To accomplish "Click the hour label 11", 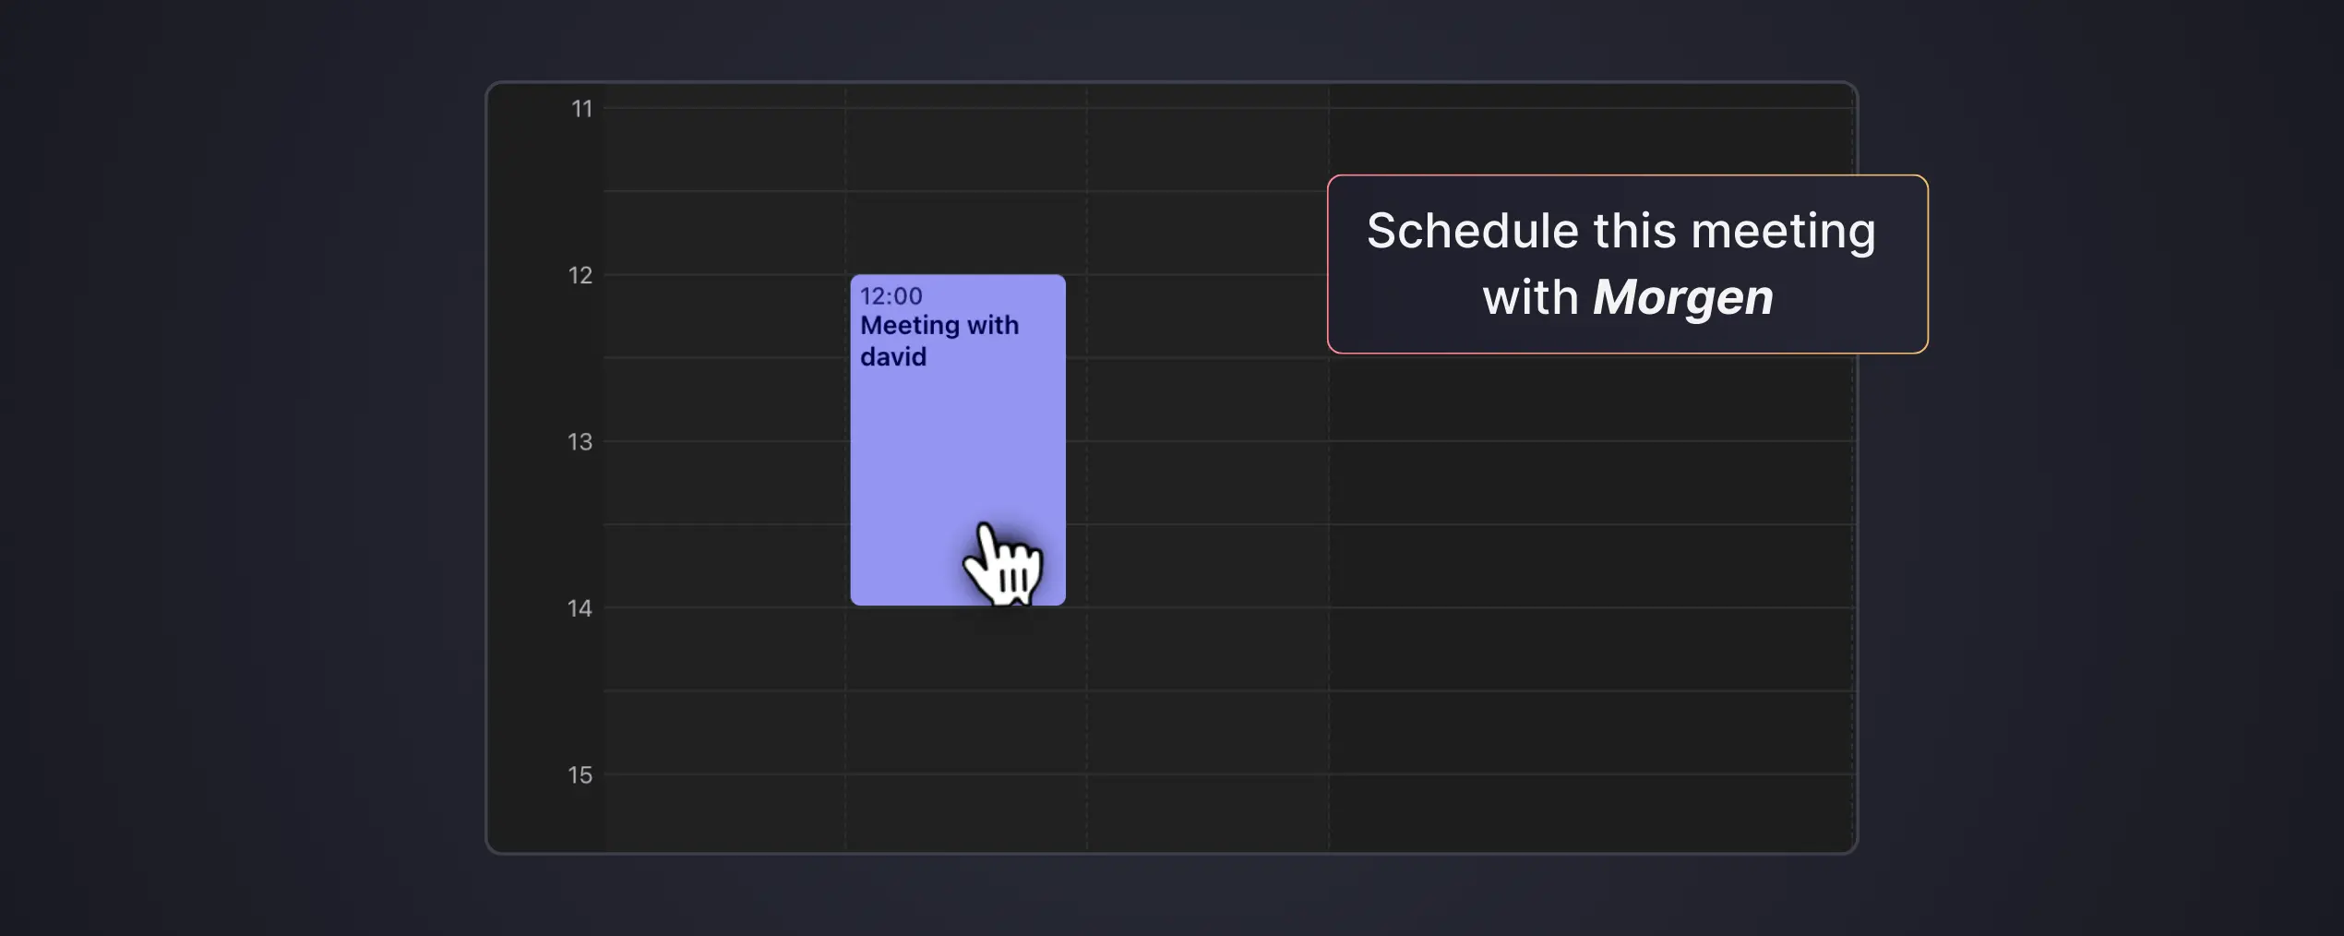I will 581,109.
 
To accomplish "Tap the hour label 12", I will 580,275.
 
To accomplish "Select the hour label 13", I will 580,442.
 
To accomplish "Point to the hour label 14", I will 580,608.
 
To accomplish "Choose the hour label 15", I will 580,775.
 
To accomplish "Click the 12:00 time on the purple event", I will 891,296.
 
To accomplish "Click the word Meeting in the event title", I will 910,326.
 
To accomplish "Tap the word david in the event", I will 892,357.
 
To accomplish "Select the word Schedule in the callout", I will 1472,231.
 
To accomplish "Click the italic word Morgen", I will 1682,298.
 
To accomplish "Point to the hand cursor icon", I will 1004,565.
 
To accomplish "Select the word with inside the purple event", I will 993,326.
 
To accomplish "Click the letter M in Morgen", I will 1614,298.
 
